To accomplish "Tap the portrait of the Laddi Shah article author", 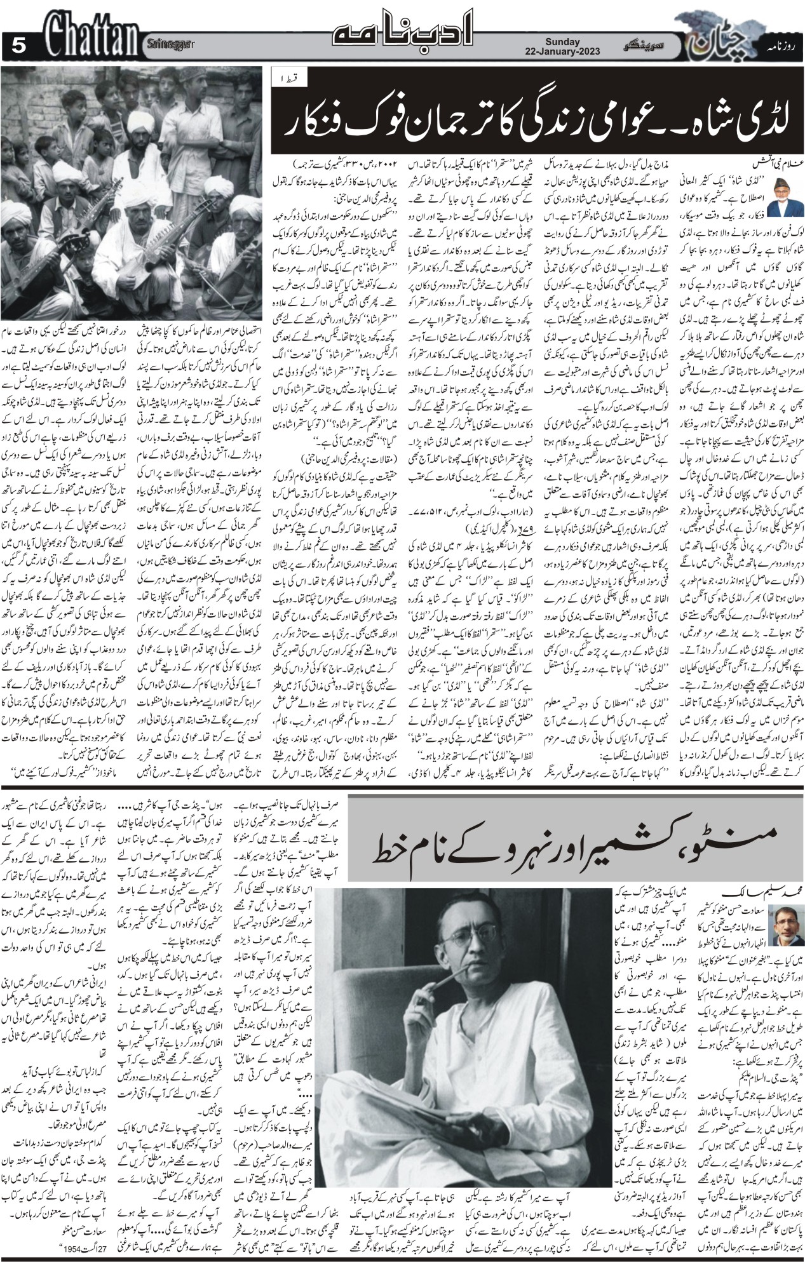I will coord(785,200).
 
